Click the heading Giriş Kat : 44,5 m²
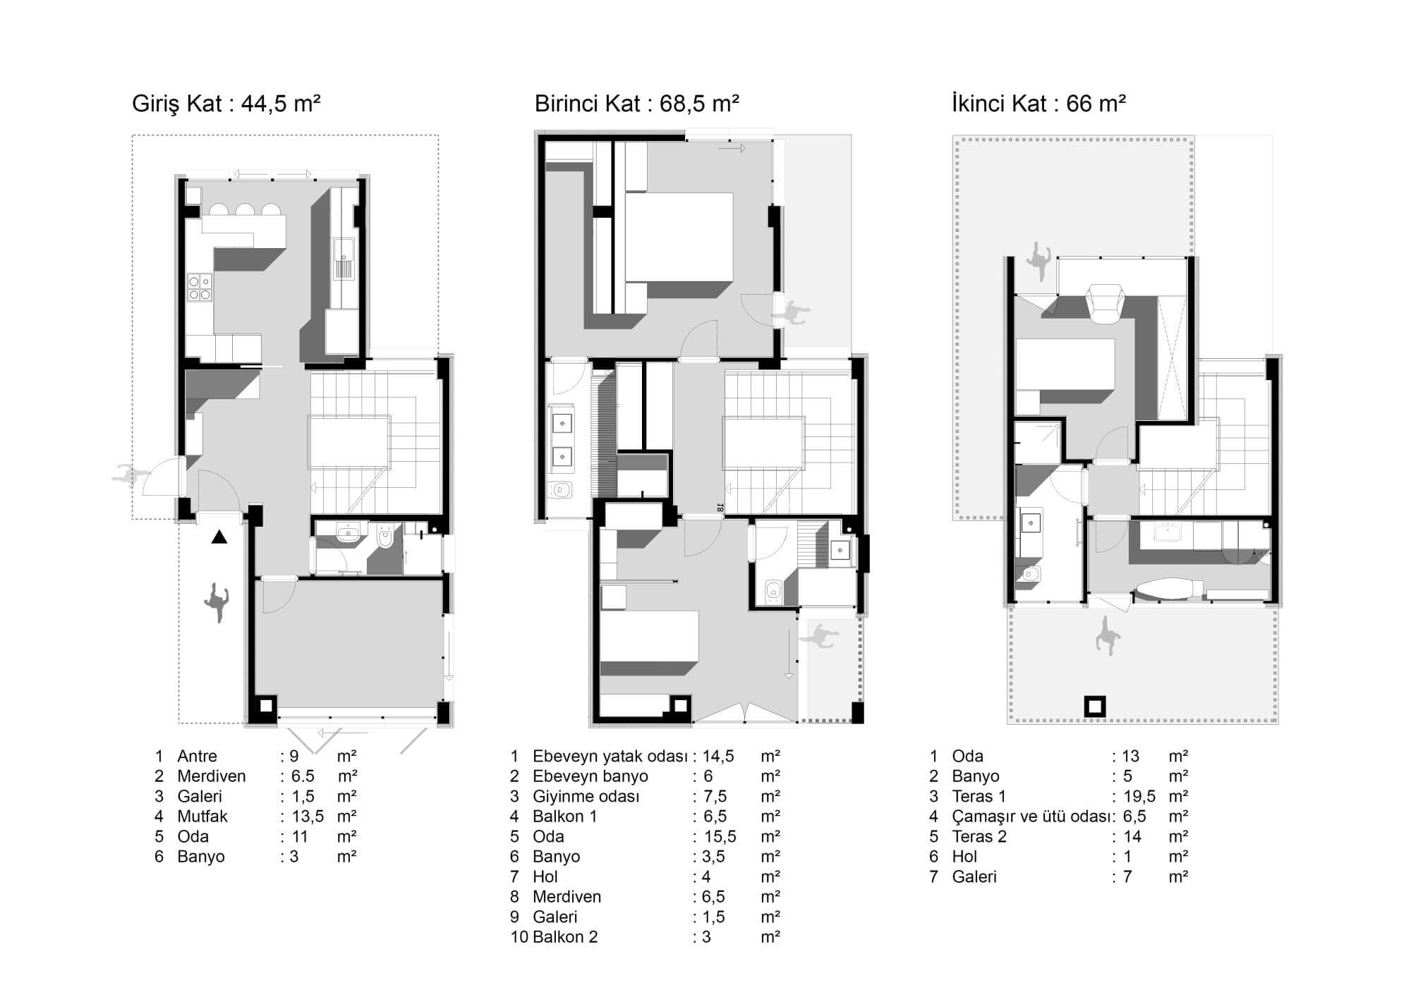coord(226,104)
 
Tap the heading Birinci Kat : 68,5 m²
coord(636,104)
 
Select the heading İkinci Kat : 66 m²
coord(1038,104)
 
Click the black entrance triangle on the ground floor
coord(219,538)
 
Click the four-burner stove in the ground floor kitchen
coord(199,287)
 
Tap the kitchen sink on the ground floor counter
coord(345,258)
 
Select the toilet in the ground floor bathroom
coord(385,537)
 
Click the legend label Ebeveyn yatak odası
coord(610,757)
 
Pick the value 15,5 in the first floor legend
coord(720,837)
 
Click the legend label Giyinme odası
coord(586,797)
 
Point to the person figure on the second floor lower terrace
coord(1107,634)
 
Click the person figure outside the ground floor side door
coord(131,475)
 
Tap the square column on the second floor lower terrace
coord(1095,706)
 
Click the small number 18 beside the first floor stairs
coord(720,506)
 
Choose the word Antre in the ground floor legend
coord(197,757)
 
